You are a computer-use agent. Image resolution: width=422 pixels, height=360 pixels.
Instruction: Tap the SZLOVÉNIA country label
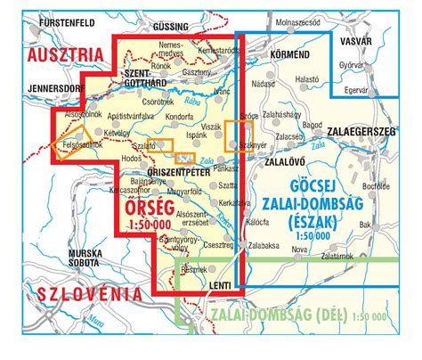click(68, 293)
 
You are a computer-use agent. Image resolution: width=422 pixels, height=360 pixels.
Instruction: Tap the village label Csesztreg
click(219, 244)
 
